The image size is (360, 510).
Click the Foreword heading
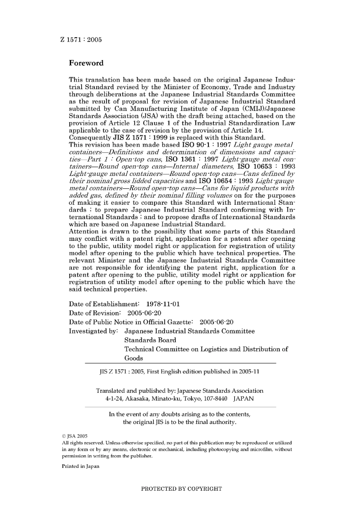86,63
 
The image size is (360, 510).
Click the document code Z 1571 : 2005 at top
81,39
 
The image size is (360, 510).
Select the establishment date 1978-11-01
163,304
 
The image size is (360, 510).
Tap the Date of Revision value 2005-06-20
144,313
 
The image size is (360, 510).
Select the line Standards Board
150,340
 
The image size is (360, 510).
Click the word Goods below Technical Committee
133,358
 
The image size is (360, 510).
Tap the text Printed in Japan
80,466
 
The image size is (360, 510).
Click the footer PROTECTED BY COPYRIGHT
181,489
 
